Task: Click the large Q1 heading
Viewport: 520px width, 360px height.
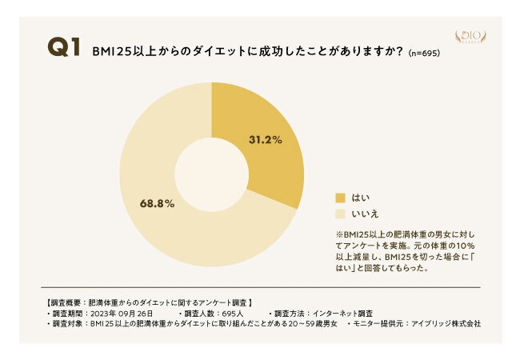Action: [64, 49]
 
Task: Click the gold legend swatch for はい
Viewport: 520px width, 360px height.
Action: [340, 197]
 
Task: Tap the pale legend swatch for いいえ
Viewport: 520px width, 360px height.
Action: [340, 214]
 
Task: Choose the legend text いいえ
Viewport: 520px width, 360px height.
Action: [365, 214]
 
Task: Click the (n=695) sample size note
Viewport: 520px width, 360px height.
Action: [424, 53]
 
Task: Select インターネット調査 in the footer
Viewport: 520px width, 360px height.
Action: [344, 313]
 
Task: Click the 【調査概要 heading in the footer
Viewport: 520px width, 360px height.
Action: [60, 302]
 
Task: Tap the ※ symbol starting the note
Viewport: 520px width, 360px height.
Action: [339, 234]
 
